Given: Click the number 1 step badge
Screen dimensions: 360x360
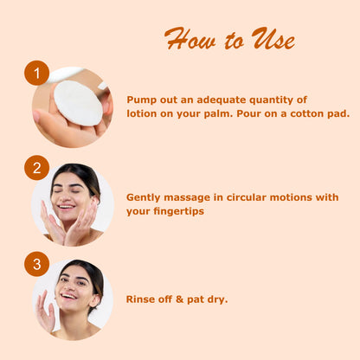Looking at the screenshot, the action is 36,73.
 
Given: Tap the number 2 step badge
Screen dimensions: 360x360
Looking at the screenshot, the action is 36,168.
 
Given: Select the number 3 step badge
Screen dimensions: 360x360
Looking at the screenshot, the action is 36,264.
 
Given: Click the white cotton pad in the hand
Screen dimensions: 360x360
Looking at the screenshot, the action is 78,103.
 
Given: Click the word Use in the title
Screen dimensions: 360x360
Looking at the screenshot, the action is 273,39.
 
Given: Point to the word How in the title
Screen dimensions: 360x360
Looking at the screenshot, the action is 190,39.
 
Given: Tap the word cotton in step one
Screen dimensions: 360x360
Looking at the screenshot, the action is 307,113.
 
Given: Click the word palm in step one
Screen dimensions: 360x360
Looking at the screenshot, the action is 218,114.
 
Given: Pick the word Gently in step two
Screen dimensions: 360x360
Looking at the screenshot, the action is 143,198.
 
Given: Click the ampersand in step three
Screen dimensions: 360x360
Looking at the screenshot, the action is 179,299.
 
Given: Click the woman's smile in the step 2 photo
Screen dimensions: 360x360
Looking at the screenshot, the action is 66,206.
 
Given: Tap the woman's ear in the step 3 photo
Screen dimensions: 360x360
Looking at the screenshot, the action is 94,300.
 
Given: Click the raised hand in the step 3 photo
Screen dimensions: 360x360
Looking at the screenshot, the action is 45,312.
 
